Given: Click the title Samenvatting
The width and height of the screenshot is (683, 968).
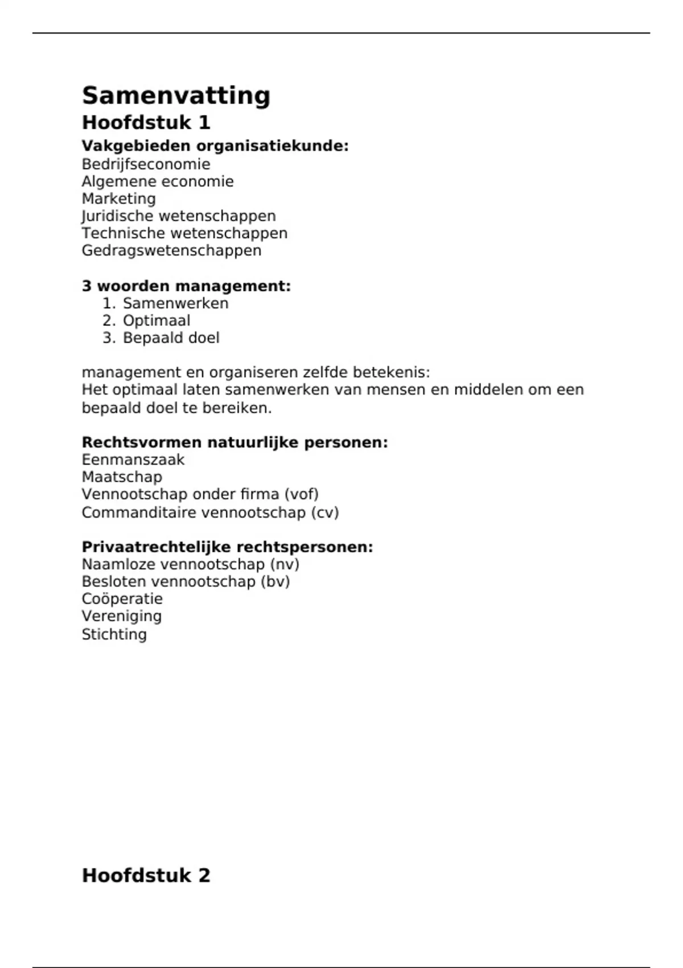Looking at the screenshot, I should pos(176,96).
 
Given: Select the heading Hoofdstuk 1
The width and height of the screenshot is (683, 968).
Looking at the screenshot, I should pos(146,122).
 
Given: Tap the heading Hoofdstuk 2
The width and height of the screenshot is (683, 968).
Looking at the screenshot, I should pos(146,875).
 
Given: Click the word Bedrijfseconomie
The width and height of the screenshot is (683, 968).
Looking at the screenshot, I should pos(146,164).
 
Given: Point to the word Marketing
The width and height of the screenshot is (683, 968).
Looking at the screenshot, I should pos(118,199).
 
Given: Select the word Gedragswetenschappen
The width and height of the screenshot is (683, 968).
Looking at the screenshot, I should pos(171,251).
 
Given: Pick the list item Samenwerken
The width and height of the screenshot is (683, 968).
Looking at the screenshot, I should pos(175,303).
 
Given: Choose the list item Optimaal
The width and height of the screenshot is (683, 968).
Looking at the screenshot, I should pos(157,321).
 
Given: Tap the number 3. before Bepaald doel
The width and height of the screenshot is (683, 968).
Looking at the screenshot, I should pos(109,338).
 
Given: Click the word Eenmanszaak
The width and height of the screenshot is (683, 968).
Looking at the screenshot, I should pos(133,460).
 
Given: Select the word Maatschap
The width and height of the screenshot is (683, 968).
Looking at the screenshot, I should pos(122,477).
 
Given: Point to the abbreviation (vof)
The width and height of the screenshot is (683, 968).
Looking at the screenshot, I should pos(301,494).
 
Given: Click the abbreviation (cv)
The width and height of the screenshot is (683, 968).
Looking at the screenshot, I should pos(324,512).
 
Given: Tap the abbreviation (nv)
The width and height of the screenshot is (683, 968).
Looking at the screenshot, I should pos(285,564).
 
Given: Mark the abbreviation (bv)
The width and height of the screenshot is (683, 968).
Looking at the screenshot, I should pos(275,581).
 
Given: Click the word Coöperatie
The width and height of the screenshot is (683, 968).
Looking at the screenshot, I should pos(122,599).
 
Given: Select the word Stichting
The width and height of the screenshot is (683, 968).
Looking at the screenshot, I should pos(114,634).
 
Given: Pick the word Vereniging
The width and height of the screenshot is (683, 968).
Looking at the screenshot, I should pos(121,616).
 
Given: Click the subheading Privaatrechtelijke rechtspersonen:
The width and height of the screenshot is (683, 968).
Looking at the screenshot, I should pos(227,547).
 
